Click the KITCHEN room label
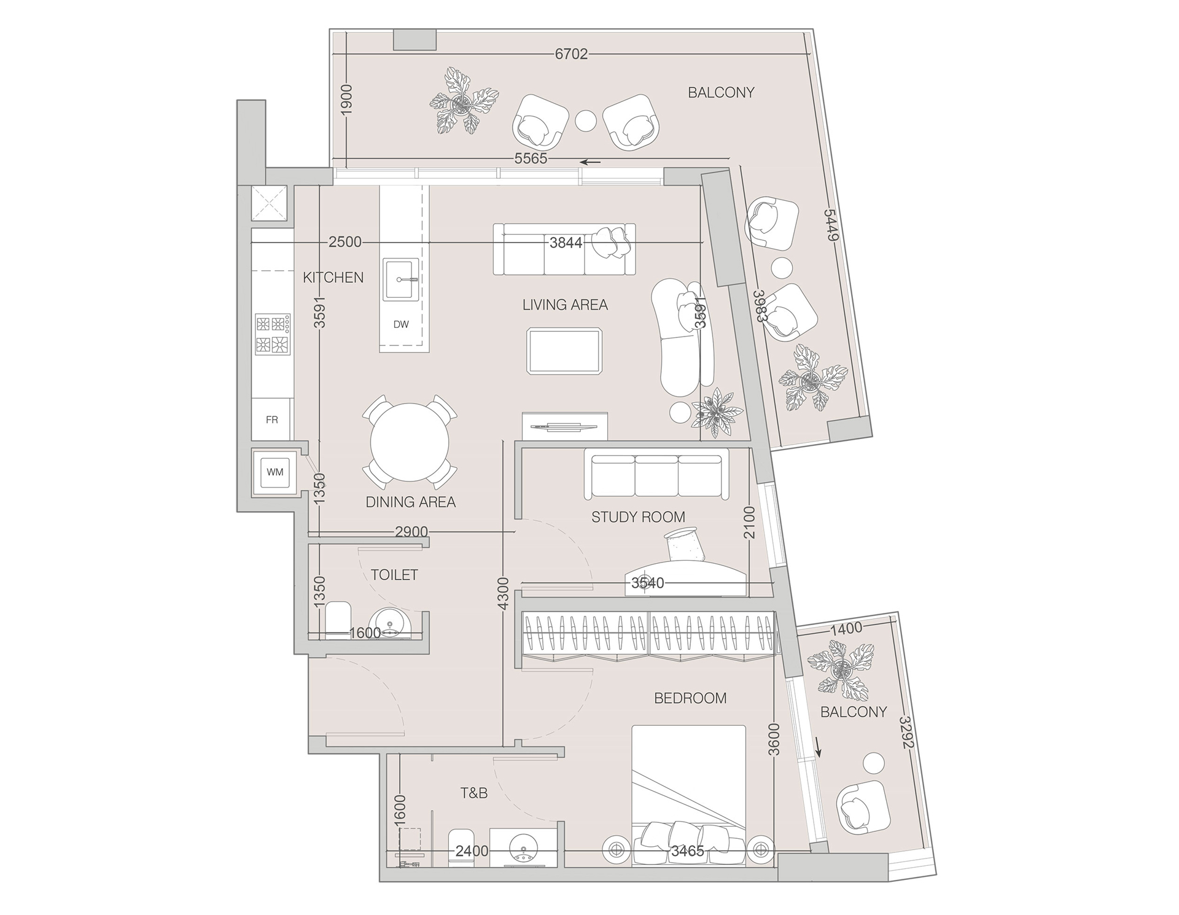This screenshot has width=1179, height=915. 333,278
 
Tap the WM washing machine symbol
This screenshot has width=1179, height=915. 275,472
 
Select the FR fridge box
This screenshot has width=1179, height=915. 271,420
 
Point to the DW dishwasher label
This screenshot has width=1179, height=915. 401,324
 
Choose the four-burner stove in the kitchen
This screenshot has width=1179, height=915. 273,334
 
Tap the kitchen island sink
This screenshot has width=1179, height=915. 401,279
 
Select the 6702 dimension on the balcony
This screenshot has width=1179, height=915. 571,54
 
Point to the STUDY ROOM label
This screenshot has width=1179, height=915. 638,517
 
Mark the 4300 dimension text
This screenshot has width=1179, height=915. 504,594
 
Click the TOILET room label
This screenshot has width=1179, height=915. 394,575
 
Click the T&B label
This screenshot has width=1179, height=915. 474,793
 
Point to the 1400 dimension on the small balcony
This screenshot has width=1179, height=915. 846,628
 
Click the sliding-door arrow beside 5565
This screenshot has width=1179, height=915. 591,162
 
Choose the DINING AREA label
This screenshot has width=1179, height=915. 411,502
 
